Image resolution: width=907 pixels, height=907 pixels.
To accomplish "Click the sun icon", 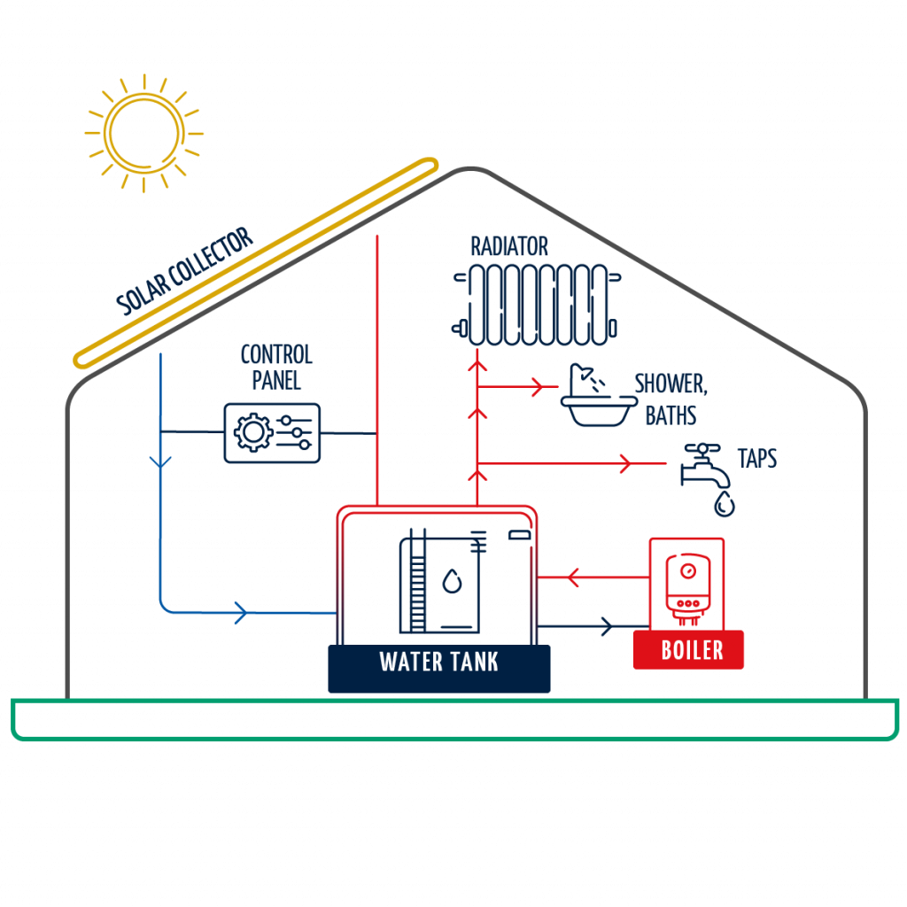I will (x=144, y=134).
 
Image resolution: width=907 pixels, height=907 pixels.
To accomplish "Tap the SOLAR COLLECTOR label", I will (x=185, y=271).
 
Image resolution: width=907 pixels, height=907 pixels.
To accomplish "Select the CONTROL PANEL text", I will (x=275, y=368).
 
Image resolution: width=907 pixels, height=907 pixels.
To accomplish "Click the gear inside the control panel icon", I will (x=252, y=432).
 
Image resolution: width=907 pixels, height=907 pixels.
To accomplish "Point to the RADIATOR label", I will (x=509, y=245).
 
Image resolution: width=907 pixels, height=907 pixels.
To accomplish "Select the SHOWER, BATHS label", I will (x=671, y=399).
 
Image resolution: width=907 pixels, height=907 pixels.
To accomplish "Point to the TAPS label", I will (x=756, y=459).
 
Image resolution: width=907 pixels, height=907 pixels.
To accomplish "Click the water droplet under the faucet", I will (x=725, y=505).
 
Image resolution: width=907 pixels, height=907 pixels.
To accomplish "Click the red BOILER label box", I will (x=688, y=650).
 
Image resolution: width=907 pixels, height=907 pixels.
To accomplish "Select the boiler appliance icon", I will (x=687, y=585).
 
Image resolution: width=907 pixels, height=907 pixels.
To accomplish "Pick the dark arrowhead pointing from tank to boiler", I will (x=606, y=626).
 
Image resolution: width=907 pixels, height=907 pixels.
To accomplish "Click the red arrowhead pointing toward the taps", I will (x=624, y=462).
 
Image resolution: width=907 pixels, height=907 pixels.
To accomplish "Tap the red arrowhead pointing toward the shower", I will (x=536, y=386).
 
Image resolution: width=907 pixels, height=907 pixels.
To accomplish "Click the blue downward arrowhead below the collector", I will (x=160, y=461).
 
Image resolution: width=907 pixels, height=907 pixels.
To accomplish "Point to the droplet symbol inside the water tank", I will (x=452, y=581).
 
